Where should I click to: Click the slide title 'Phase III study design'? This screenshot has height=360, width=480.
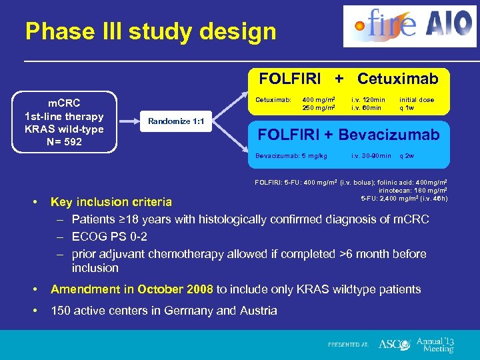click(150, 31)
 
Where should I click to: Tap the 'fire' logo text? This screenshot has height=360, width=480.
click(387, 25)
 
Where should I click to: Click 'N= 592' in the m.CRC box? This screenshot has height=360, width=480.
click(64, 141)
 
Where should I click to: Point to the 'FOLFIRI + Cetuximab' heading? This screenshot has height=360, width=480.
click(348, 79)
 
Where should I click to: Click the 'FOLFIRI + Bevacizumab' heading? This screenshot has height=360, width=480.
click(348, 135)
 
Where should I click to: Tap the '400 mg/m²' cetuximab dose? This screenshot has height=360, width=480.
click(318, 99)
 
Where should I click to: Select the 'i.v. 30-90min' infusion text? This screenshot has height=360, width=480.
click(371, 156)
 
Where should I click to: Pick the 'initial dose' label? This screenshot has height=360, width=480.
click(417, 99)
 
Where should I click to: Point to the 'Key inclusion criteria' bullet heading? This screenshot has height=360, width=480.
click(111, 202)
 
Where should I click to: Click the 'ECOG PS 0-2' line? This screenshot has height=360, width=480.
click(109, 237)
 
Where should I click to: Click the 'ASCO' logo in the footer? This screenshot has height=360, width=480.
click(393, 345)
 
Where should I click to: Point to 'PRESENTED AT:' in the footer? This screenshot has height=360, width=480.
click(348, 345)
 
